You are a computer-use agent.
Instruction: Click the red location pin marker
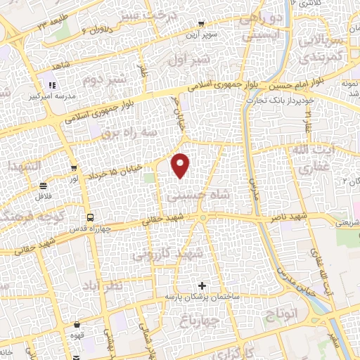pos(181,165)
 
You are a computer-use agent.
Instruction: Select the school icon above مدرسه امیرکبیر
pos(52,85)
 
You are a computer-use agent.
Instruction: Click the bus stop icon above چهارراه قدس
pos(89,217)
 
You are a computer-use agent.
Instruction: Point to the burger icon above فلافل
pos(44,186)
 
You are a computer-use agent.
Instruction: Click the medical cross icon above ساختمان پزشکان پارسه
pos(203,285)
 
